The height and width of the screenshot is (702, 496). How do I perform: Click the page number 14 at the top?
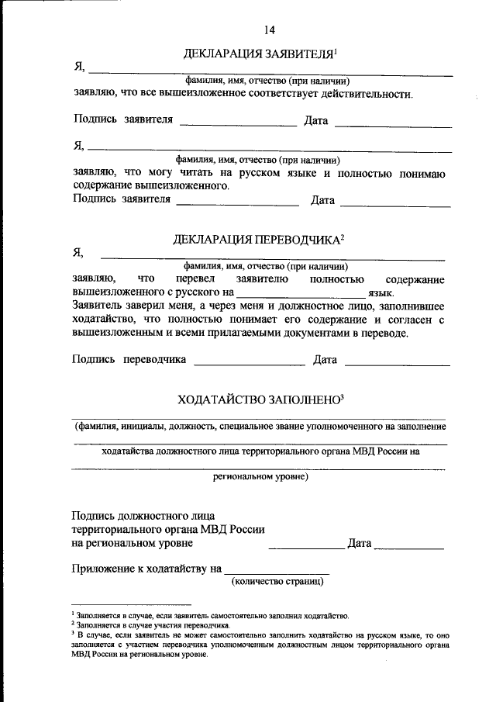(x=269, y=30)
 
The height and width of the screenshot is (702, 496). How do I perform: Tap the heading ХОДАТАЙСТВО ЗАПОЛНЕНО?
(x=258, y=400)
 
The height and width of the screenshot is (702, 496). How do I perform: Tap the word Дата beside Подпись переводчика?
(x=325, y=360)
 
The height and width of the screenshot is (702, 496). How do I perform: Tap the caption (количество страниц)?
(x=277, y=581)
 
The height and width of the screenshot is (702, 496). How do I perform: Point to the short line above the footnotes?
(x=131, y=604)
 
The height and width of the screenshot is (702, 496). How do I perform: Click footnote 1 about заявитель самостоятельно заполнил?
(x=209, y=614)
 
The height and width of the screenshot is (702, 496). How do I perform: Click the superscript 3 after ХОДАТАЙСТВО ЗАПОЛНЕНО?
(x=341, y=396)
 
